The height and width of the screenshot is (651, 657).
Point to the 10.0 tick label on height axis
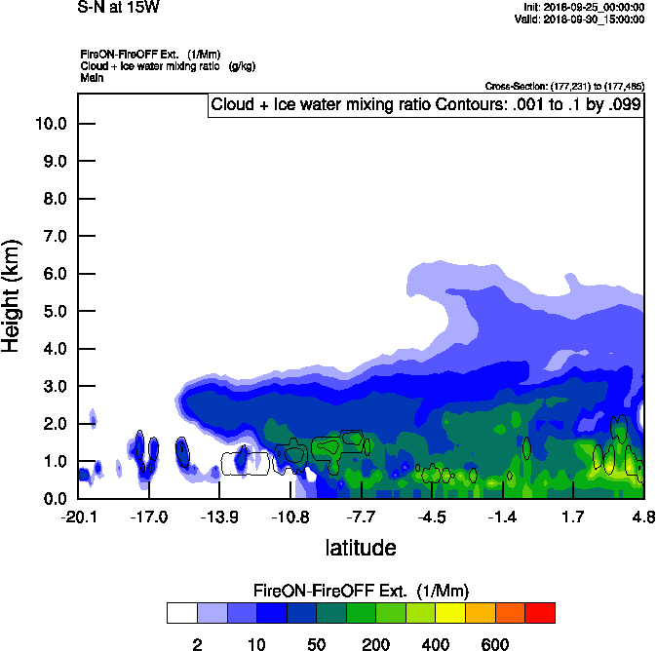click(52, 124)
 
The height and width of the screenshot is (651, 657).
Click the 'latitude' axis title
click(360, 548)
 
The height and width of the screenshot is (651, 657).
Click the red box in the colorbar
click(540, 613)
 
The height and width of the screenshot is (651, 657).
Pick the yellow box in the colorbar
click(450, 613)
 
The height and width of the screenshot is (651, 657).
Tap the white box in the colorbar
click(181, 613)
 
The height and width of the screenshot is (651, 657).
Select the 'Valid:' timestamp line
click(581, 19)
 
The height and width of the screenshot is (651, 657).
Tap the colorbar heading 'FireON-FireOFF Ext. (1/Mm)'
click(361, 591)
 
